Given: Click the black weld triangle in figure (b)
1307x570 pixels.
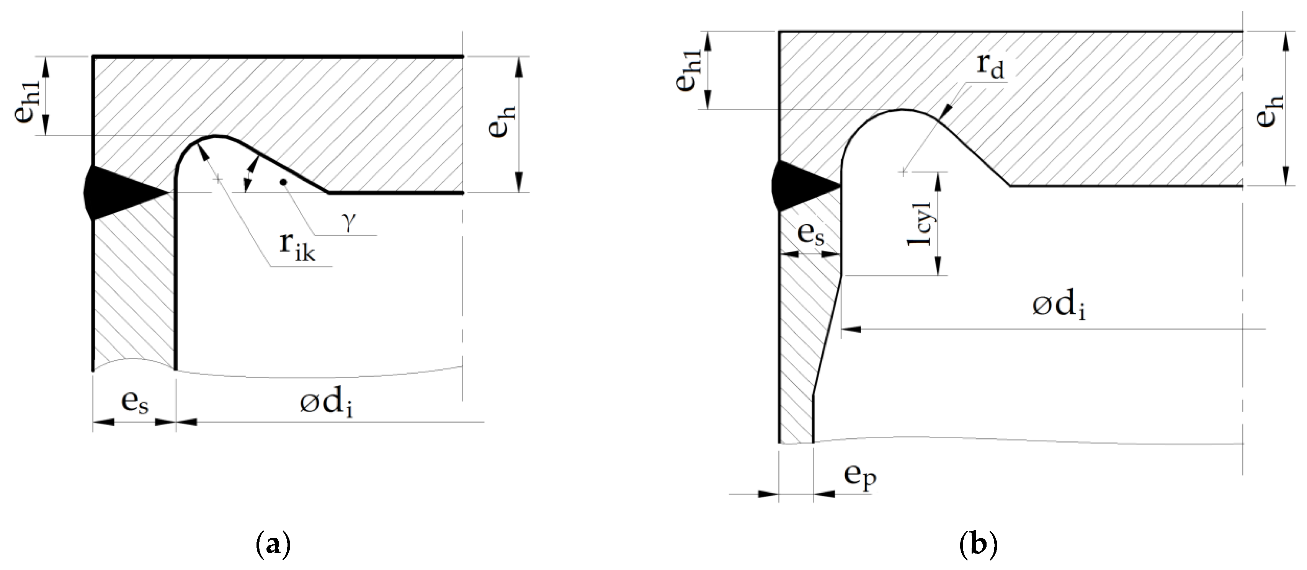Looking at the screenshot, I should (804, 186).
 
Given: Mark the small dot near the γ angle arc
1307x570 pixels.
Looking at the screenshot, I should (284, 181).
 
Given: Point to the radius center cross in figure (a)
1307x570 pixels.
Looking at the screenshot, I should (218, 180).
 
